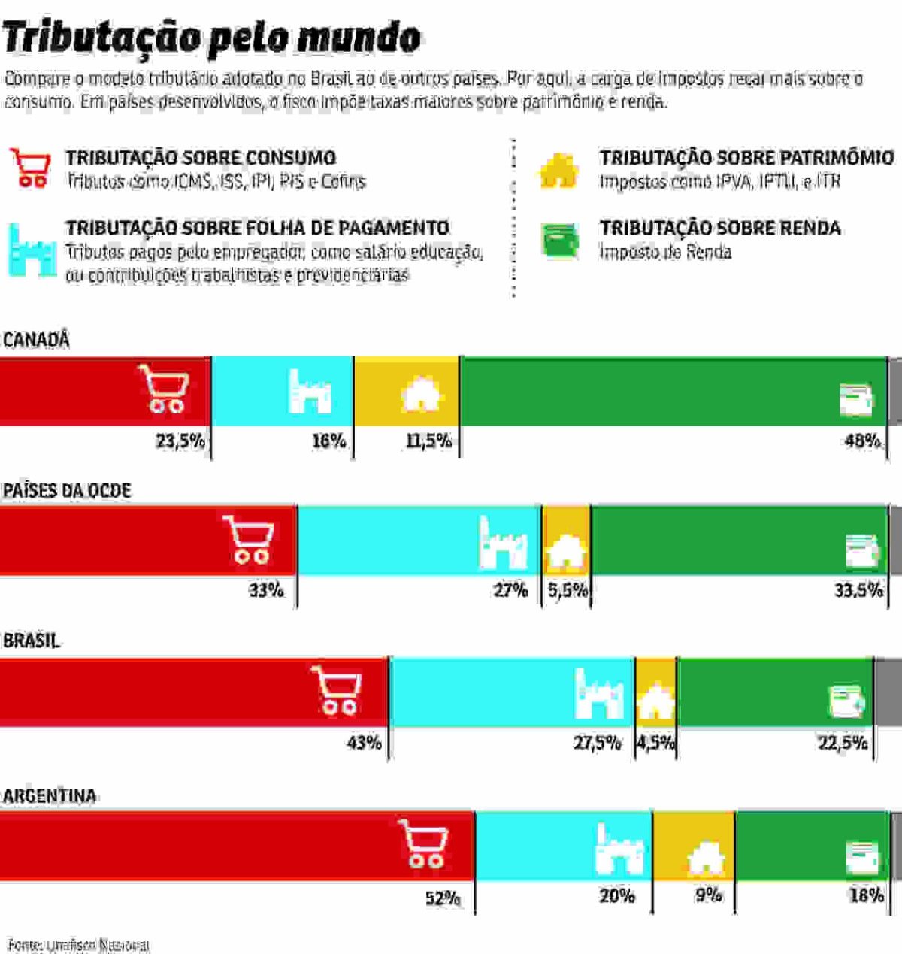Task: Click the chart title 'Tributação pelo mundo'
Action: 212,38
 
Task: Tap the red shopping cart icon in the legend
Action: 31,168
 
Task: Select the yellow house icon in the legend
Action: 558,171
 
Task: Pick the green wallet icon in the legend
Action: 561,241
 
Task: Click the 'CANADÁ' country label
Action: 36,340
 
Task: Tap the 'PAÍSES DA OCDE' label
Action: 67,491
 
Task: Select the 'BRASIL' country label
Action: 31,641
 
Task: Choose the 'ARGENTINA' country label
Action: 50,796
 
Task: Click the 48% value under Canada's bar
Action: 862,441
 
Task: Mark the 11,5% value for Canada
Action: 429,441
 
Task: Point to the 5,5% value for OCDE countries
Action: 568,591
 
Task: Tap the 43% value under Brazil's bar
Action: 365,743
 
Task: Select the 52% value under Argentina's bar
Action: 443,898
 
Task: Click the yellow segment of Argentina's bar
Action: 694,846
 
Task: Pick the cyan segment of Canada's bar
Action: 282,391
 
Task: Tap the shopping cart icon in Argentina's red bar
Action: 423,844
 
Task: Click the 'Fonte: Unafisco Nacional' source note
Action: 79,945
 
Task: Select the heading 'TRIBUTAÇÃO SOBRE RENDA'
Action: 720,228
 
